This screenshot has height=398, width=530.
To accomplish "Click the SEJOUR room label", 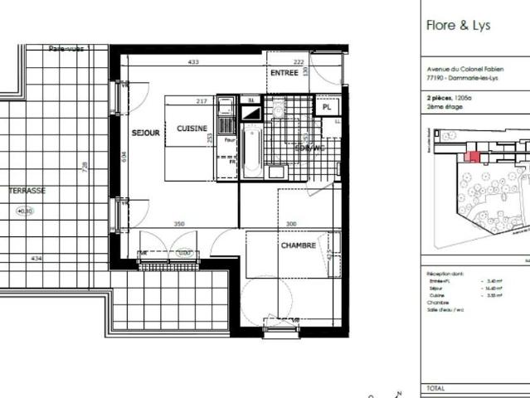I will [145, 133].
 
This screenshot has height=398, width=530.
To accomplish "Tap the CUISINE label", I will [192, 129].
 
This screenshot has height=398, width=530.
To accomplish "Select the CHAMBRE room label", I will [298, 245].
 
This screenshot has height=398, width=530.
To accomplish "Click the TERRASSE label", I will [27, 191].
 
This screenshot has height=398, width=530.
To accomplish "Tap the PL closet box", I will [327, 107].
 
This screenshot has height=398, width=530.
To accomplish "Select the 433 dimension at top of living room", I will [193, 62].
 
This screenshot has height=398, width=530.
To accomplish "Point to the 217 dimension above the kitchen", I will [201, 102].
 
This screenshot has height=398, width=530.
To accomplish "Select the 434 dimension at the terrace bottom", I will [36, 260].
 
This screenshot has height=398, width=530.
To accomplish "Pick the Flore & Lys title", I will [458, 25].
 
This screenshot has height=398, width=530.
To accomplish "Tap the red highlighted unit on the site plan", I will [474, 156].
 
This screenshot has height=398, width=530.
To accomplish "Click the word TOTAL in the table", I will [435, 388].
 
